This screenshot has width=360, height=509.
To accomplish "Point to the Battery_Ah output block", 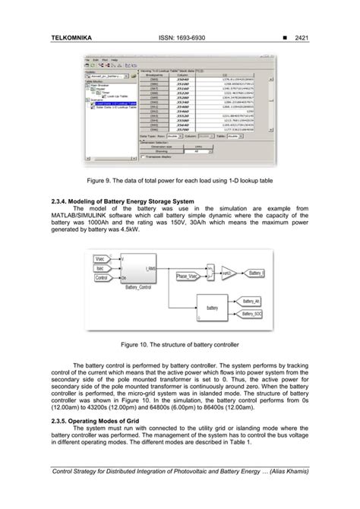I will pos(251,302).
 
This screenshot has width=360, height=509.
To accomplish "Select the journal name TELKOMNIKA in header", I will pos(71,35).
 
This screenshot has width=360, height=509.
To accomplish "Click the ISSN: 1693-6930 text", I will pos(179,35).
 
